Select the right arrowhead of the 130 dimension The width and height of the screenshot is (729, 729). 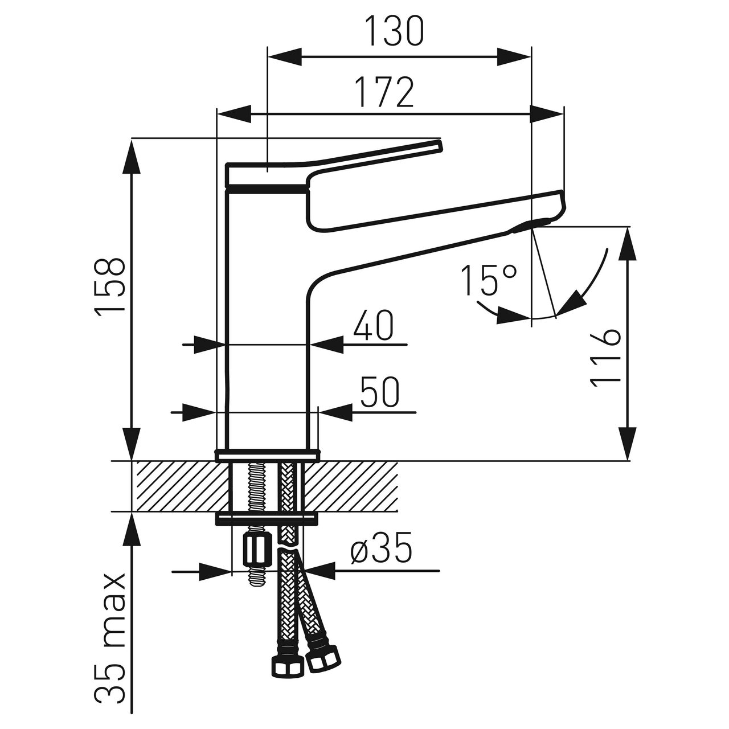[x=515, y=56]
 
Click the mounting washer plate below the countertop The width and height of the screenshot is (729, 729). [x=267, y=518]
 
